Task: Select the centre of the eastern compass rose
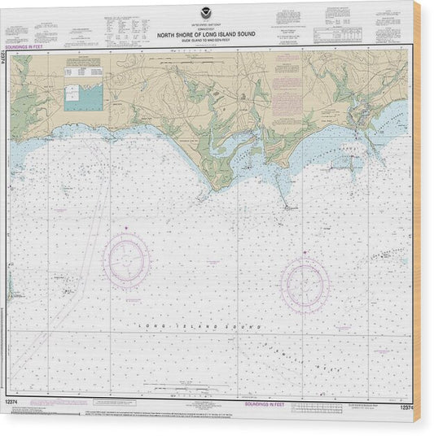[305, 285]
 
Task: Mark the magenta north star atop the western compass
[125, 232]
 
